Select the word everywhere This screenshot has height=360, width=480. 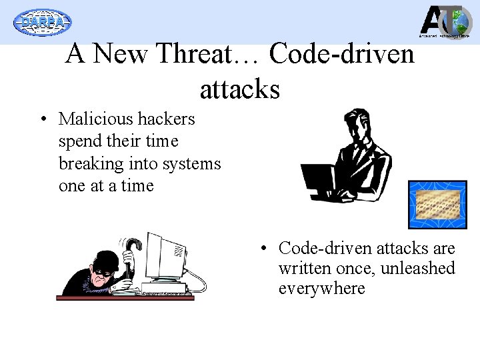(x=322, y=289)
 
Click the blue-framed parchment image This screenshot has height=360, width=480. (x=437, y=204)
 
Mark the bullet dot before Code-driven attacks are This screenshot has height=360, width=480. (x=265, y=249)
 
